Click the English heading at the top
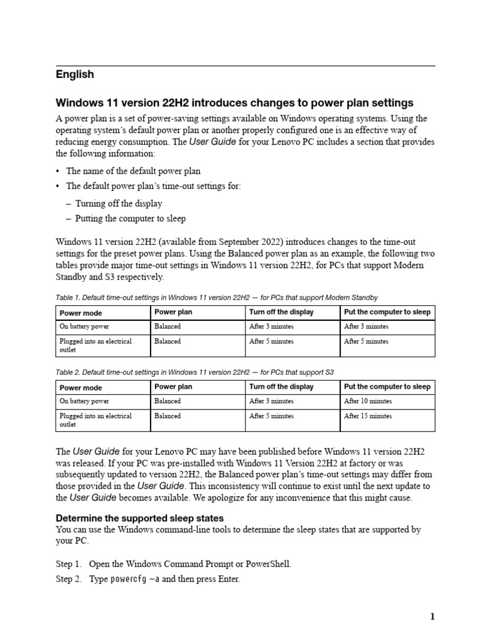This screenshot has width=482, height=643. (x=75, y=75)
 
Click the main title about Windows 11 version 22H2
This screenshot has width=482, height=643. (x=235, y=102)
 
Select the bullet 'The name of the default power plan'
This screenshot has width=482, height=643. (x=133, y=171)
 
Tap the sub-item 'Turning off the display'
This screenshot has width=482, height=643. (x=119, y=203)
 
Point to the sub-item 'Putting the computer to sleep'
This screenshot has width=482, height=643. (x=130, y=219)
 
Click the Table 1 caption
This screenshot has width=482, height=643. (x=217, y=297)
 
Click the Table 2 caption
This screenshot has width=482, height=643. (x=199, y=372)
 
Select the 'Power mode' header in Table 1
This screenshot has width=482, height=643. (x=80, y=313)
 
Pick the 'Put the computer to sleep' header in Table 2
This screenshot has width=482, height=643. (x=387, y=387)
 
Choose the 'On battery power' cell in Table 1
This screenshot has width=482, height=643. (x=84, y=327)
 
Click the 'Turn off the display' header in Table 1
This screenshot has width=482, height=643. (x=281, y=312)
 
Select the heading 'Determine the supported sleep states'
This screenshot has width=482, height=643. (x=139, y=519)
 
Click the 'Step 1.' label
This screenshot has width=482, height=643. (x=68, y=565)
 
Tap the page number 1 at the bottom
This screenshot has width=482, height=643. (x=432, y=617)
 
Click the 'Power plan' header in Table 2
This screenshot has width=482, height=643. (x=173, y=387)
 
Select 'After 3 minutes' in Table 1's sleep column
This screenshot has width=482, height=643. (x=366, y=327)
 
